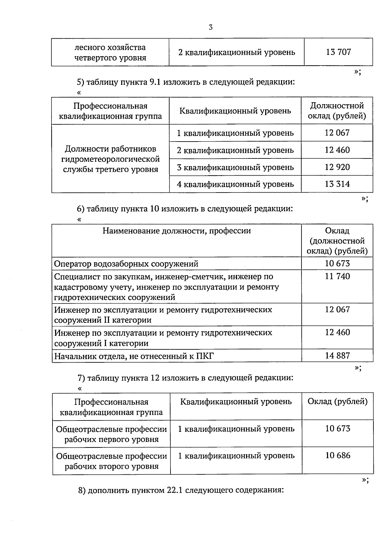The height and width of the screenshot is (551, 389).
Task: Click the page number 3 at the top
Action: (211, 28)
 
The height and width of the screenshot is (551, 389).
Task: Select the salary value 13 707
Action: (338, 52)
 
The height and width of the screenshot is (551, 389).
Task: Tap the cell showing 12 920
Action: (337, 167)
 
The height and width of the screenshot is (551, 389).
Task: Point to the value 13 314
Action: (337, 184)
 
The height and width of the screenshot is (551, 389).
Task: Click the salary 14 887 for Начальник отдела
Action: (337, 356)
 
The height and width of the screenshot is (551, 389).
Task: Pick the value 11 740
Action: (337, 277)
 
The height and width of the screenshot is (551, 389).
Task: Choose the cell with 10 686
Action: (338, 456)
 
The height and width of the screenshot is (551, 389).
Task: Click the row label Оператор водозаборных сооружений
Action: (126, 264)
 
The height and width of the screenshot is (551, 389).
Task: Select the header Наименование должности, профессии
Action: (177, 231)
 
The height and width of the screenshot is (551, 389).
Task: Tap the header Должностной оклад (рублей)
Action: (337, 111)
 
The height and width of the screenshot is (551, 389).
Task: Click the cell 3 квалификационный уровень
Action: (235, 168)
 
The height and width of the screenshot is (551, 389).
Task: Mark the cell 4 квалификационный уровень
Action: (235, 184)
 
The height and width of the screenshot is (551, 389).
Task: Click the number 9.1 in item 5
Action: (155, 82)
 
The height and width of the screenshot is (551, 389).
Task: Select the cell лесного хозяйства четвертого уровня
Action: (110, 53)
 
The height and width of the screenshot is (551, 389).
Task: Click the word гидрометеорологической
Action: (110, 159)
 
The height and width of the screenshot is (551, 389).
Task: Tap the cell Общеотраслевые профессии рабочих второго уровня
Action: (112, 461)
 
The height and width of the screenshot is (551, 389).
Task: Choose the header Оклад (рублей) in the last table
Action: (337, 402)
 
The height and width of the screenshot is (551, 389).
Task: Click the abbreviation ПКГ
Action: (205, 356)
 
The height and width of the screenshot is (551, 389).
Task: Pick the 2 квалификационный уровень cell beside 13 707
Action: (237, 52)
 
